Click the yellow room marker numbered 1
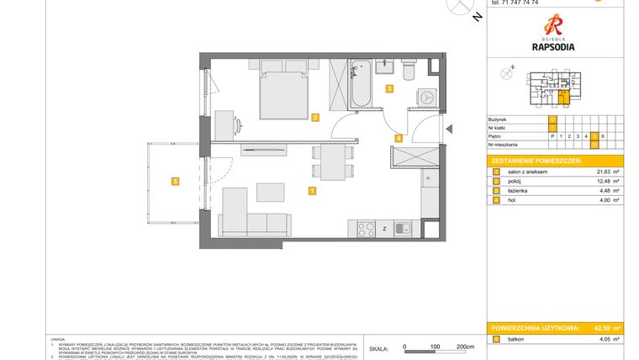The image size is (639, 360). point(312,191)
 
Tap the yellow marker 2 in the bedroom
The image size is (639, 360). point(314,117)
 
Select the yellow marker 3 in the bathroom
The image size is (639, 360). point(389,88)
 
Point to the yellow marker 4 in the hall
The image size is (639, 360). point(399,138)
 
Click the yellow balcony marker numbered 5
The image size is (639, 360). point(174,180)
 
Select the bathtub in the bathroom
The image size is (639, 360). point(361,84)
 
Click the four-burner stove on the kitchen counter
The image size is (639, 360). point(366,227)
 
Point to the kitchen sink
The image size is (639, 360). point(403,227)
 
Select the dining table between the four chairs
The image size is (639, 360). point(330,161)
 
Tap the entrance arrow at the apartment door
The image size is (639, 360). point(449,129)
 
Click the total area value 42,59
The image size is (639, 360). point(600,327)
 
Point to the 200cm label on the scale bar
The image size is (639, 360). point(465,347)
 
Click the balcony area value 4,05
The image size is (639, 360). point(604,339)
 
